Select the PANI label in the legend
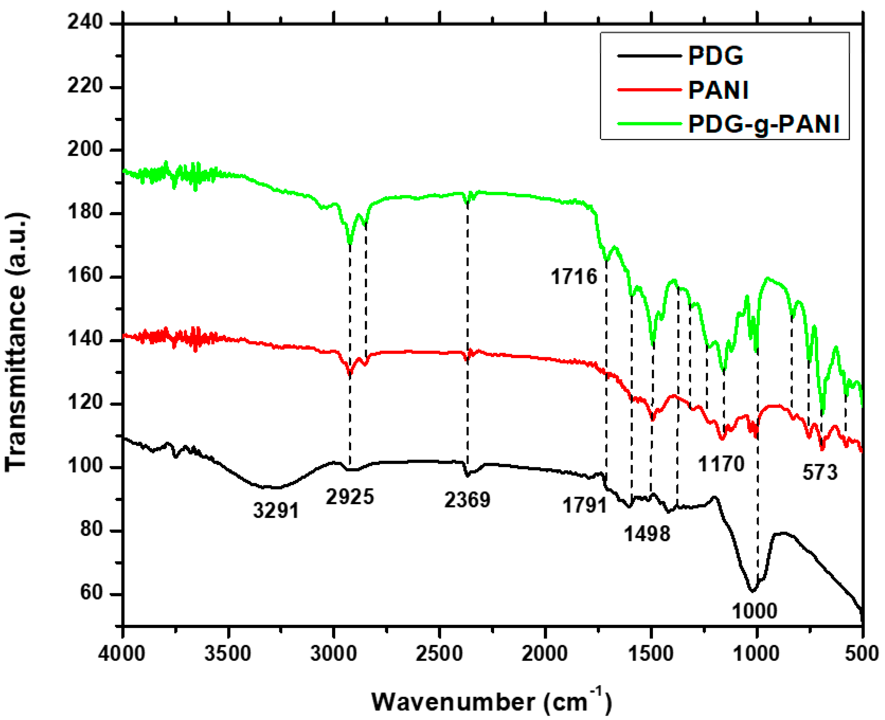coord(718,90)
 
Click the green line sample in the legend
coord(649,124)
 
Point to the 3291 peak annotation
coord(276,510)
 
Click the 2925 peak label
coord(350,496)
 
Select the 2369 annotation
coord(467,500)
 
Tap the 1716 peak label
coord(574,276)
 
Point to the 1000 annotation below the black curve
coord(754,611)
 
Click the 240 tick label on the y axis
coord(85,22)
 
